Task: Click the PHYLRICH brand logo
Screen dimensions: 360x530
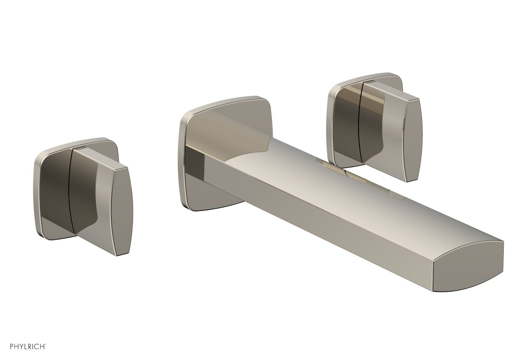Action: click(x=24, y=347)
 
